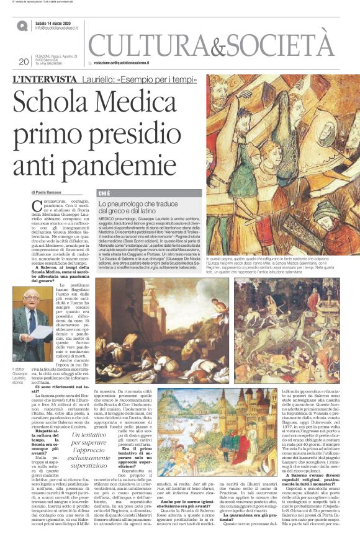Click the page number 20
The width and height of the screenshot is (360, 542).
click(24, 61)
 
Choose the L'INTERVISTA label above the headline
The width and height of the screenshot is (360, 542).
click(41, 79)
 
